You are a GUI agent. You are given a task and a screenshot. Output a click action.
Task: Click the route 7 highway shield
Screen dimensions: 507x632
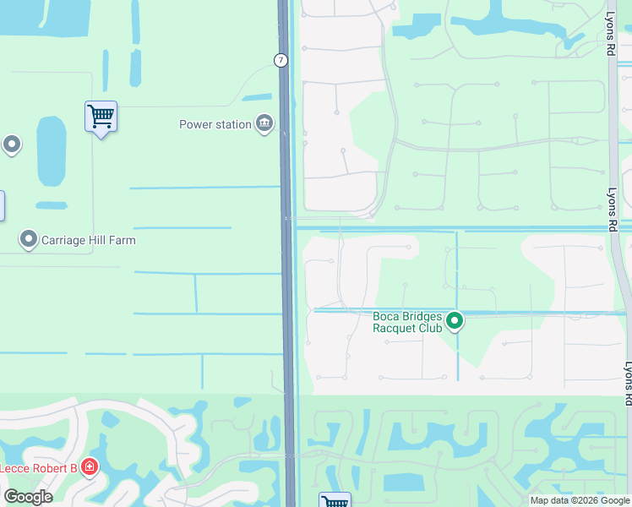(x=281, y=60)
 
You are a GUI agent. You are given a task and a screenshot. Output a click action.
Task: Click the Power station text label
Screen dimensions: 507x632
(x=215, y=125)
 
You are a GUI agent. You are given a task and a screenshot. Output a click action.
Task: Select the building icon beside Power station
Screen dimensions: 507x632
(x=264, y=125)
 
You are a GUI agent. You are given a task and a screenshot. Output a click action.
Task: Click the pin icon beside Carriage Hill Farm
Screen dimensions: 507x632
(x=29, y=240)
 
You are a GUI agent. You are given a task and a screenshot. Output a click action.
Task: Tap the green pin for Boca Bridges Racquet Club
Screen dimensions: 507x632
(x=455, y=320)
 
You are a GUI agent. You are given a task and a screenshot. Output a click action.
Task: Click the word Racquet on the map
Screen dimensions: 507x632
(x=396, y=328)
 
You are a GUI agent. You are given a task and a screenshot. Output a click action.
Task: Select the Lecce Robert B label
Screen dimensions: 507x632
(x=39, y=468)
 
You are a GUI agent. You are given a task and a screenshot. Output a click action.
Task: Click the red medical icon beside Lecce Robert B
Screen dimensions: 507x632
(x=90, y=467)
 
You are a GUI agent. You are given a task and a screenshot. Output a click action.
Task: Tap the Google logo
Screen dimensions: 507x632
(x=28, y=497)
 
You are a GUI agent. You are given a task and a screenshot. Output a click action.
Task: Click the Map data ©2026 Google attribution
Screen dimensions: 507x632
(x=580, y=500)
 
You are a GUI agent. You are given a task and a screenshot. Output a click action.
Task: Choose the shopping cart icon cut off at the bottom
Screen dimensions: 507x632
(x=335, y=500)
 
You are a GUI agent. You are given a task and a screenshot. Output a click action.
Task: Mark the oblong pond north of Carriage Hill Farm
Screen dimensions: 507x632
(x=51, y=150)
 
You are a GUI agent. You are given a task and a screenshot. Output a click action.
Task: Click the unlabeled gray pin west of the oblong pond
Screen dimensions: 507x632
(x=12, y=144)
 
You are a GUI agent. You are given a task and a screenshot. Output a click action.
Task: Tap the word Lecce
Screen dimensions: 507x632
(x=17, y=468)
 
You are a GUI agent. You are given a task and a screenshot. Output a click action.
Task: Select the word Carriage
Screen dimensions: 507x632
(x=65, y=240)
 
